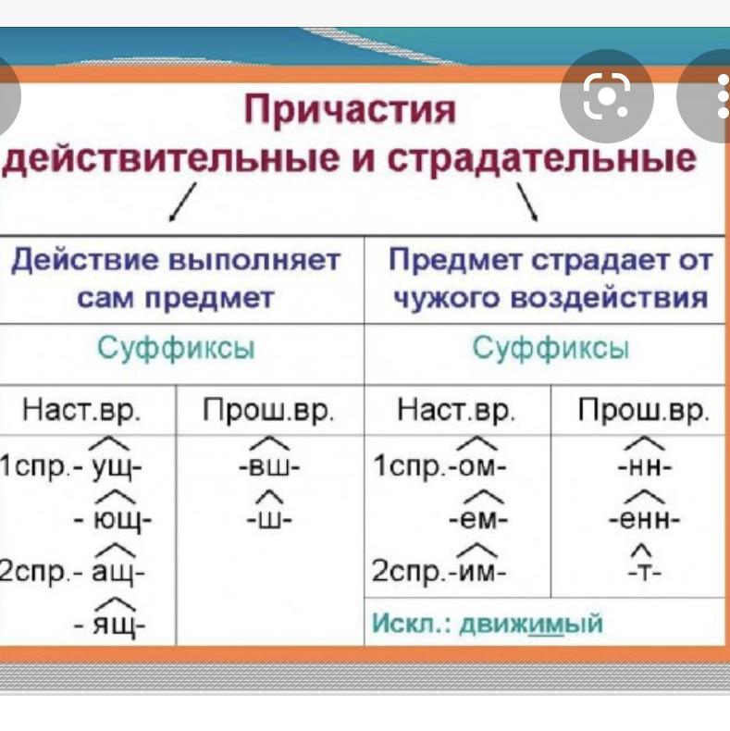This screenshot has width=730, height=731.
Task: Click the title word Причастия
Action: click(351, 110)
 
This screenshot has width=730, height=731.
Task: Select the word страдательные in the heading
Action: click(541, 157)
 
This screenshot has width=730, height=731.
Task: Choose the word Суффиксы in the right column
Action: click(551, 350)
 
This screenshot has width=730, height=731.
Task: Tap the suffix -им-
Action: click(477, 572)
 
